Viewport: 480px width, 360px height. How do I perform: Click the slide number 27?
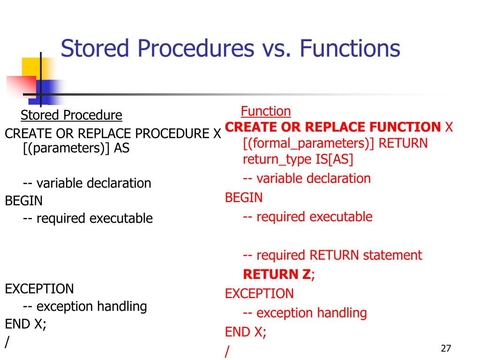pos(446,348)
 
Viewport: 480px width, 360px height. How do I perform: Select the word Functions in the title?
pos(350,49)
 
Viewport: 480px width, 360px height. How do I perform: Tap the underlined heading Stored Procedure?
pos(71,115)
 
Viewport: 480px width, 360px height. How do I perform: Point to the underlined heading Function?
pos(266,112)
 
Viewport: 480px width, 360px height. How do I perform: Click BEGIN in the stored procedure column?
pos(24,201)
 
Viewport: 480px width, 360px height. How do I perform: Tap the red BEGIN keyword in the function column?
pos(244,198)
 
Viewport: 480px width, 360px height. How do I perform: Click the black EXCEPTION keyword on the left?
pos(39,289)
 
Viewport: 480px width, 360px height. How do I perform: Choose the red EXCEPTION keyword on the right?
pos(259,294)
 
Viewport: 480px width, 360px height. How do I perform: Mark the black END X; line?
pos(26,324)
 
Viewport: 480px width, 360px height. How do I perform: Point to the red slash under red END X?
pos(228,351)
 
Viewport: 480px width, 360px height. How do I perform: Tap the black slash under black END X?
pos(7,342)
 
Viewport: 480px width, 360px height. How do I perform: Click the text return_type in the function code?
pos(275,159)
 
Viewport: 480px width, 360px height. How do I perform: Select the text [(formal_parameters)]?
pos(309,143)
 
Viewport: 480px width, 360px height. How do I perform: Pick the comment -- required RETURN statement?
pos(332,255)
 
